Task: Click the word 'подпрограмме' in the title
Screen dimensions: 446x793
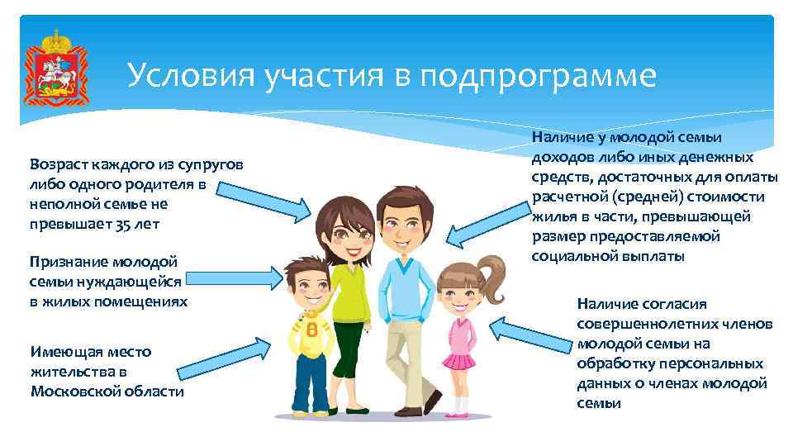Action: (537, 77)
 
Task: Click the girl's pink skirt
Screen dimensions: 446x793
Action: (457, 361)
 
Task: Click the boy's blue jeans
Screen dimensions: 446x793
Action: (311, 382)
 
